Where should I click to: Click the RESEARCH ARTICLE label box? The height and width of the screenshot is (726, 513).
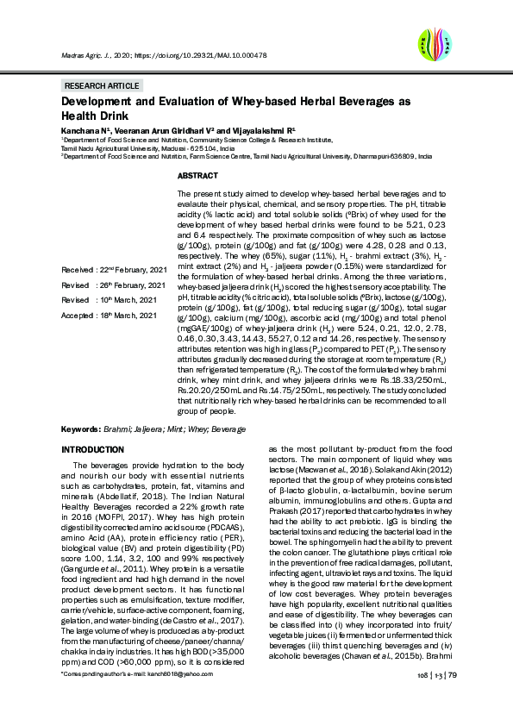[102, 86]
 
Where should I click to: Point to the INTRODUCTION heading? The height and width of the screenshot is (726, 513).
[94, 450]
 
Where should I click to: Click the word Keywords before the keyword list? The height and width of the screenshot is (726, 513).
[81, 429]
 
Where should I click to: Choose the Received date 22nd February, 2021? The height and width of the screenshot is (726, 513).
[123, 270]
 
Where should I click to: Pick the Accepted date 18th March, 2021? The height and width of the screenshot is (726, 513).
[123, 316]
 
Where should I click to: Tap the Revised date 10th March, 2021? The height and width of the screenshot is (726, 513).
[123, 301]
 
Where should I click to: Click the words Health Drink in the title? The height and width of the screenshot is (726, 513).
[95, 116]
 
